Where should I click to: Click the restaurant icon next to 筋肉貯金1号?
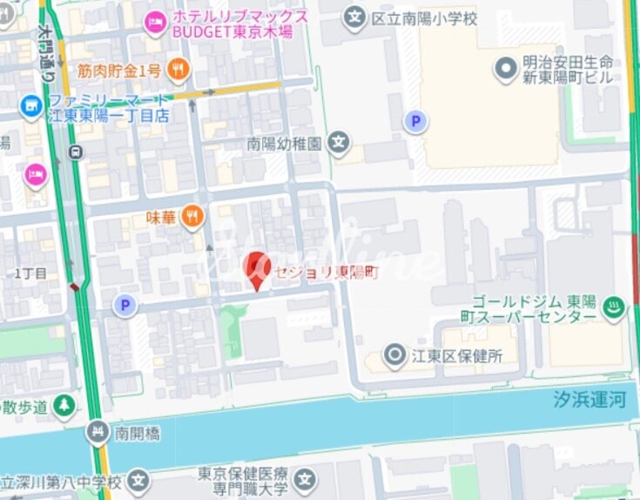tap(179, 71)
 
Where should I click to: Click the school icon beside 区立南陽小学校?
tap(354, 17)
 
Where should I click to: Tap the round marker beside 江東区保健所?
tap(395, 355)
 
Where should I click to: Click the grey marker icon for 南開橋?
tap(98, 431)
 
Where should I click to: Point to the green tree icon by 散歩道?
tap(64, 405)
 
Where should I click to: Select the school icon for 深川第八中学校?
tap(138, 480)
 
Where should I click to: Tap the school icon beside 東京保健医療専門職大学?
tap(304, 479)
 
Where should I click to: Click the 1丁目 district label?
tap(31, 274)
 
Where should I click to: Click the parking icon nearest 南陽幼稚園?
tap(416, 122)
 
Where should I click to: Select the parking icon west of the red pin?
tap(125, 305)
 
